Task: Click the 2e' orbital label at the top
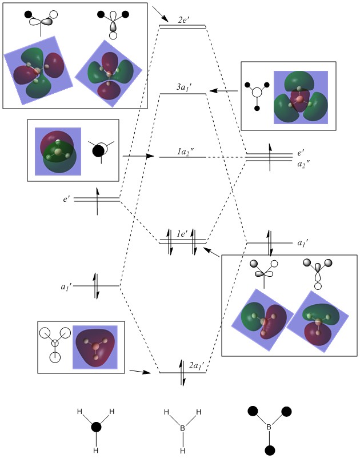click(183, 19)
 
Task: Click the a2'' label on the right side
click(302, 164)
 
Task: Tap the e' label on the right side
click(301, 154)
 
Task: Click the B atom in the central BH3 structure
click(182, 426)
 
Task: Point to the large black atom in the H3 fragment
click(97, 427)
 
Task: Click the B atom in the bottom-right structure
click(268, 426)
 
